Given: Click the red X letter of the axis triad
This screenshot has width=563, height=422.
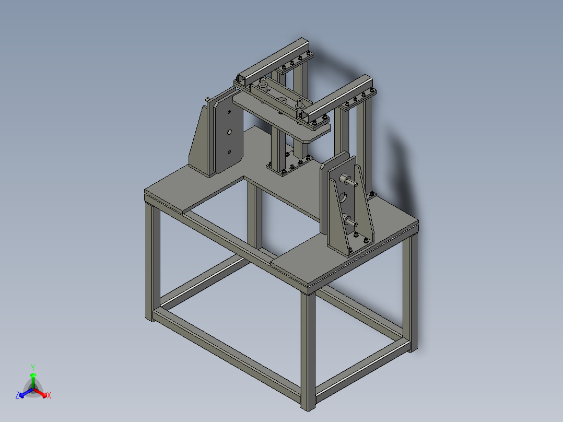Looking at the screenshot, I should (x=49, y=396).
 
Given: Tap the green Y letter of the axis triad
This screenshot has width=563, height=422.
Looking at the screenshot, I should (x=32, y=367).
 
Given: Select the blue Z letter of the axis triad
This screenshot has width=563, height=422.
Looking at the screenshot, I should (x=17, y=395).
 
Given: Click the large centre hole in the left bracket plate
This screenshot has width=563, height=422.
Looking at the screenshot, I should (x=228, y=132).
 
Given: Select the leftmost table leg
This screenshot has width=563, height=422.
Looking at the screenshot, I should (x=150, y=261).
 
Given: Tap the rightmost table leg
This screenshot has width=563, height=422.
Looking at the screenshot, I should (x=413, y=292).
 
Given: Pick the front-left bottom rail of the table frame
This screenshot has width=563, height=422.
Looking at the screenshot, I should (x=225, y=356).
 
